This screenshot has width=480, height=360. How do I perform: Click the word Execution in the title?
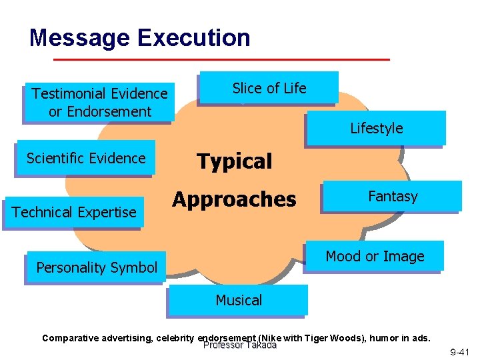194,37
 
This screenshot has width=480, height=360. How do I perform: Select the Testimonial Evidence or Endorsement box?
99,103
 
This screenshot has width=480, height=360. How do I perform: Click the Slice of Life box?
269,88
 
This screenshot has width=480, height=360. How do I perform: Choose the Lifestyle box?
376,128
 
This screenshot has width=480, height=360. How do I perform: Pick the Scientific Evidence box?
85,158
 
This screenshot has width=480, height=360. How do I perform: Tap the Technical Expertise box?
73,212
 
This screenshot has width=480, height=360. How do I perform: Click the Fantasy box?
392,197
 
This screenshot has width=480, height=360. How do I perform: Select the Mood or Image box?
375,257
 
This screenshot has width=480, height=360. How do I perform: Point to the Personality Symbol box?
97,268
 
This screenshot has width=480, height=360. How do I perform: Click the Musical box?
239,301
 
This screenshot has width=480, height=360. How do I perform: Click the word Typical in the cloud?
234,161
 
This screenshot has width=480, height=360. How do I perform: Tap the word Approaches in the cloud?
234,199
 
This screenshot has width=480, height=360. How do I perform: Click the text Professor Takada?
239,345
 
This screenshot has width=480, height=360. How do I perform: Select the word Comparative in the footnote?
69,338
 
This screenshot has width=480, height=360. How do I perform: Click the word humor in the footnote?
387,338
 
